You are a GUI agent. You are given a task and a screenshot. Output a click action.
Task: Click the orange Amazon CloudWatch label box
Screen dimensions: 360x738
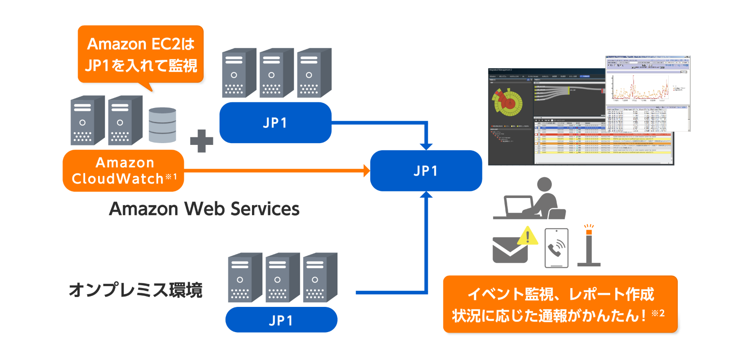click(x=123, y=171)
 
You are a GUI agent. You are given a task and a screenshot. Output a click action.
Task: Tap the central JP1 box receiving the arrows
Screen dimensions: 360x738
click(x=426, y=171)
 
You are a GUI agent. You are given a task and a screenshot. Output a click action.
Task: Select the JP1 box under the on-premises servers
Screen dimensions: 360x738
click(x=281, y=320)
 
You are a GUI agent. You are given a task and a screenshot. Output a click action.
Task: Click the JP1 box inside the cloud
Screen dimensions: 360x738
click(x=275, y=122)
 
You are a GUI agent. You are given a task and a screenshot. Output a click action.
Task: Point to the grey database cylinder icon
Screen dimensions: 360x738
click(x=162, y=125)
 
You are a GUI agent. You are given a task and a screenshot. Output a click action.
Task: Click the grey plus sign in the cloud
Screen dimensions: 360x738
click(x=202, y=141)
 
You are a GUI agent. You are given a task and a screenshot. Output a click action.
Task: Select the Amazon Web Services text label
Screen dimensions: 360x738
click(x=204, y=209)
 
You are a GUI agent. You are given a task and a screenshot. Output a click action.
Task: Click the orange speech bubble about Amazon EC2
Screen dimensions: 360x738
click(x=141, y=54)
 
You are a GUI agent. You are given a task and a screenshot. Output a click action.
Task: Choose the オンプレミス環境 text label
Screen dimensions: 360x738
click(x=135, y=290)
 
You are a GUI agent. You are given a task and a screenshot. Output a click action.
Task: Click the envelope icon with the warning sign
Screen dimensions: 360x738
click(x=510, y=250)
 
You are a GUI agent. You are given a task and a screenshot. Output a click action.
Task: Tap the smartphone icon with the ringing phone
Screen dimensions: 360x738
click(x=557, y=248)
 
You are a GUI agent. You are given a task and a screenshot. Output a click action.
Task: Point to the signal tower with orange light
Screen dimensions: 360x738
click(x=589, y=246)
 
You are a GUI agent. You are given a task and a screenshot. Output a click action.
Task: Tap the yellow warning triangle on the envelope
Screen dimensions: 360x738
click(x=528, y=235)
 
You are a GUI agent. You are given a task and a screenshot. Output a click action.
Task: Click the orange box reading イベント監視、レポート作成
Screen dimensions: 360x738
click(x=560, y=304)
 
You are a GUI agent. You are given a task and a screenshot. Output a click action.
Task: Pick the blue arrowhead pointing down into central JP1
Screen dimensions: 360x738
click(x=426, y=146)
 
